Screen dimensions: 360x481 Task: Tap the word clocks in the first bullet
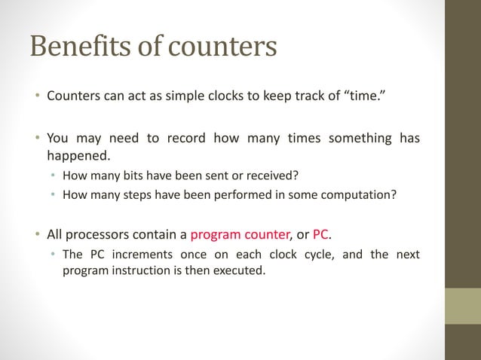click(226, 96)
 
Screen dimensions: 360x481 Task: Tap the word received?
click(271, 177)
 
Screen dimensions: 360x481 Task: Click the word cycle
click(319, 255)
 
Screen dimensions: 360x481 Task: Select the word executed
click(242, 271)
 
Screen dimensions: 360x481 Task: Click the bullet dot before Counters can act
click(35, 97)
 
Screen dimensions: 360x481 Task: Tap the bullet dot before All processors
click(35, 234)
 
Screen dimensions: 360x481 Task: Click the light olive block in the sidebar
click(463, 306)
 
